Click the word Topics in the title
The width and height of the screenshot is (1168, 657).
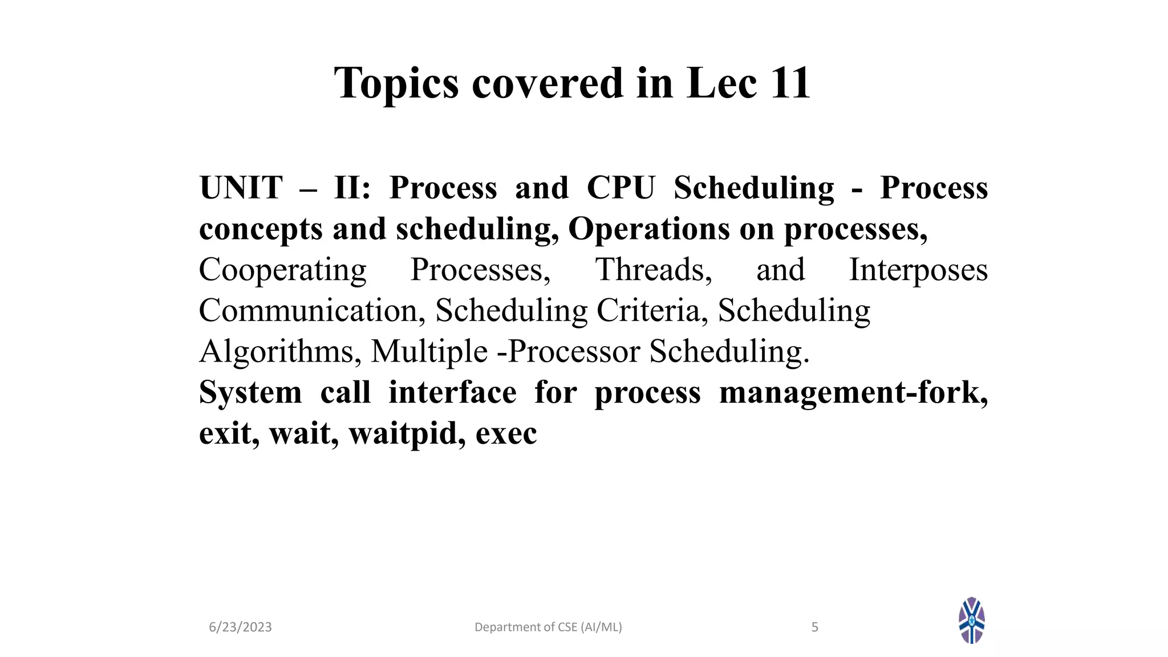tap(396, 84)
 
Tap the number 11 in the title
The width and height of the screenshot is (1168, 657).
tap(790, 83)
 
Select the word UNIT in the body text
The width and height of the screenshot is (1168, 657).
tap(241, 188)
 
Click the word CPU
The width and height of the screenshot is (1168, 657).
tap(621, 188)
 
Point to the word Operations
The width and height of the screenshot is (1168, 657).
tap(649, 229)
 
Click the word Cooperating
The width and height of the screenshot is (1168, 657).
tap(282, 270)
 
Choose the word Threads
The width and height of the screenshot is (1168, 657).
tap(654, 270)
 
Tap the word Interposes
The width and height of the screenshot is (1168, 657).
tap(918, 270)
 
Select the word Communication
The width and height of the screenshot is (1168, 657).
tap(312, 311)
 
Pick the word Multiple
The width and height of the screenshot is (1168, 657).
tap(429, 351)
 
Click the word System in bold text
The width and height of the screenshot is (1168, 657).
tap(250, 392)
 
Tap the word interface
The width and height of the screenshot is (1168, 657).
tap(452, 392)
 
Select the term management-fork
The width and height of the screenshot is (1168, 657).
tap(853, 392)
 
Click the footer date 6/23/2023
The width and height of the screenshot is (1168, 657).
tap(240, 627)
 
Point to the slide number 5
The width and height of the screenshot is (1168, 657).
tap(814, 627)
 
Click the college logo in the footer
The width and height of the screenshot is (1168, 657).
tap(972, 620)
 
